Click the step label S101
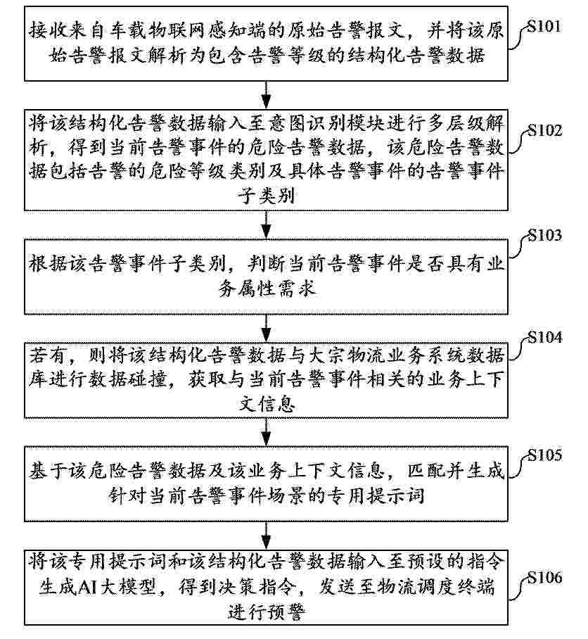point(544,27)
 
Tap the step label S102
point(545,130)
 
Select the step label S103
point(545,235)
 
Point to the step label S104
point(545,338)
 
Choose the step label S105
point(545,455)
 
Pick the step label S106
point(545,578)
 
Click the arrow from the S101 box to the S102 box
point(266,95)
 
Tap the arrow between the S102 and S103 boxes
point(266,224)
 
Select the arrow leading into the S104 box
point(266,329)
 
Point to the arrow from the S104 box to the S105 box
point(266,432)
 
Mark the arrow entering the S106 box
point(266,536)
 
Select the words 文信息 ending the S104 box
point(267,404)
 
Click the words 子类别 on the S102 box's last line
point(267,196)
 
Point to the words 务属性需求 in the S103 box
point(267,289)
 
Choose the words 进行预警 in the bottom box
point(267,612)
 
